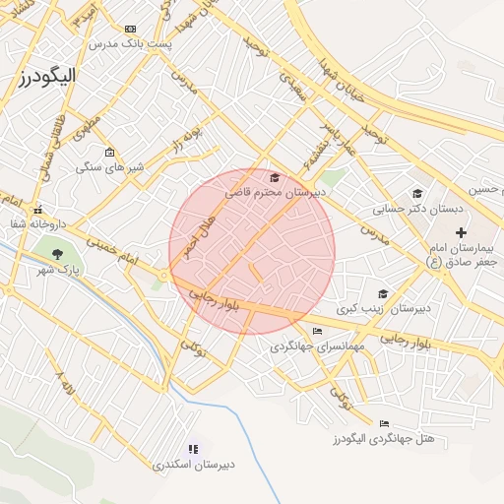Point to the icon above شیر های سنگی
point(109,152)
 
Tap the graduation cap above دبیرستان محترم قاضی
point(274,178)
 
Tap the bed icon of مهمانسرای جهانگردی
point(316,331)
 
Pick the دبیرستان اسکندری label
point(193,463)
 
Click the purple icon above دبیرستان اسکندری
point(193,448)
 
